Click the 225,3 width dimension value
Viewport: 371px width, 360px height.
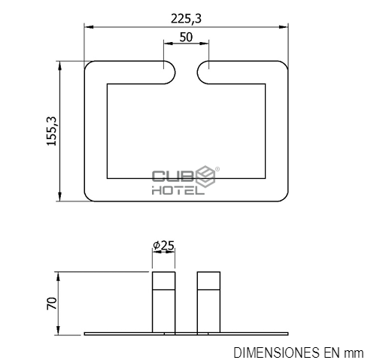[x=186, y=19]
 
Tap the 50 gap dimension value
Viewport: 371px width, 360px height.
[x=186, y=38]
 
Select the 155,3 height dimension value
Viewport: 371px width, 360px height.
[x=52, y=131]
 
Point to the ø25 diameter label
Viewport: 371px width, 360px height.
[x=163, y=246]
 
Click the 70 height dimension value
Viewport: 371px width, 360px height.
[x=52, y=304]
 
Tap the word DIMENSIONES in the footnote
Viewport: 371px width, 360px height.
[x=276, y=352]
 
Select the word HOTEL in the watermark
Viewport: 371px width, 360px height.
[x=178, y=191]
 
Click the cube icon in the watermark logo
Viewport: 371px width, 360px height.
[x=205, y=177]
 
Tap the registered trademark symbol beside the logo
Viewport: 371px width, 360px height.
[x=217, y=169]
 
